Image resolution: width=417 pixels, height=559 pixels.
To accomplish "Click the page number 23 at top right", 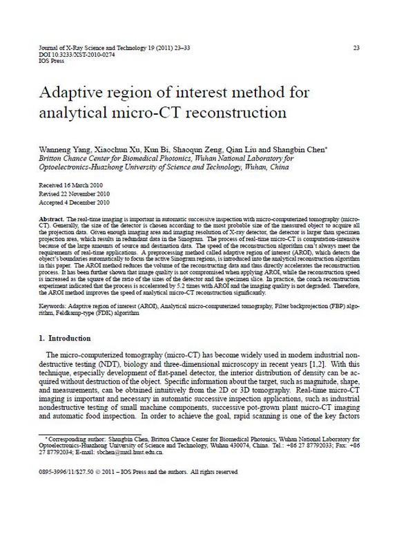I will tap(356, 48).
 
